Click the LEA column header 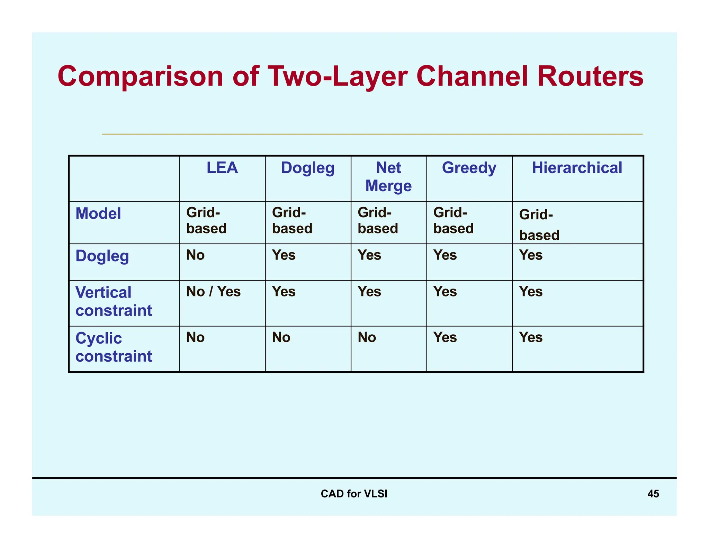point(222,168)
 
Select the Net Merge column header point(388,177)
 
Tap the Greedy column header point(469,168)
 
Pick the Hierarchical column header point(577,168)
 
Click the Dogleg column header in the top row point(307,168)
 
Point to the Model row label point(98,213)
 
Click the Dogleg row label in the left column point(102,256)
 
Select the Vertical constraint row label point(114,301)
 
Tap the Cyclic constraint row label point(114,347)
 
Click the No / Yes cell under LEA point(213,292)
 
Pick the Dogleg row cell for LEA point(195,255)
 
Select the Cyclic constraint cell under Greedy point(445,337)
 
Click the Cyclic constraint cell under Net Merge point(367,337)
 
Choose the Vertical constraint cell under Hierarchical point(531,292)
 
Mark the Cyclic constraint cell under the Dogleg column point(281,337)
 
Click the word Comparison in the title point(141,77)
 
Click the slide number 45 point(653,494)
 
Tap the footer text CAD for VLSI point(354,494)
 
